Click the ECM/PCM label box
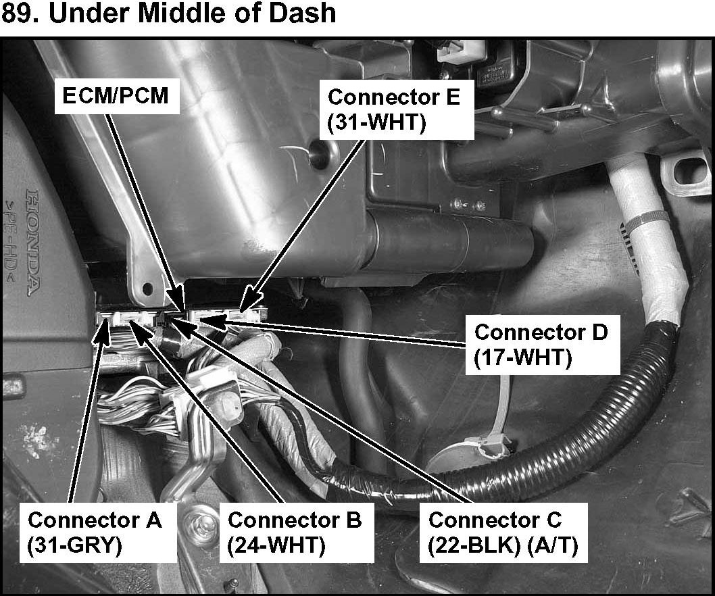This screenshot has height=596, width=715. [x=116, y=97]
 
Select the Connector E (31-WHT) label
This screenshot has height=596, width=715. [x=393, y=111]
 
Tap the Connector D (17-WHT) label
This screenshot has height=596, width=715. [x=541, y=345]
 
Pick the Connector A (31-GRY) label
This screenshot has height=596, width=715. [x=95, y=532]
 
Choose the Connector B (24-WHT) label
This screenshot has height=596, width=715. [x=295, y=532]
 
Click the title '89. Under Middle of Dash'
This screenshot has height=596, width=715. [x=169, y=14]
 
